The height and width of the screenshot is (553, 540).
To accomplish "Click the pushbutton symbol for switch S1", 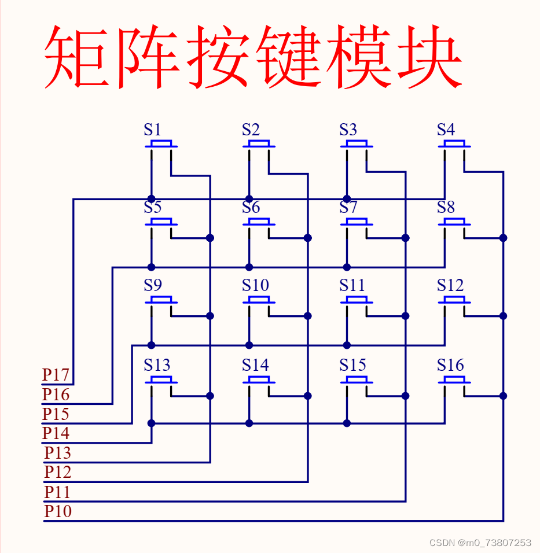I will point(161,144).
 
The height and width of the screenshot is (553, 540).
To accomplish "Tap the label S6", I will point(251,207).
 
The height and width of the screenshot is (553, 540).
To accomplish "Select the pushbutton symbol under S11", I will point(357,300).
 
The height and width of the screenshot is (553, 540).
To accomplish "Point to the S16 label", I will point(450,365).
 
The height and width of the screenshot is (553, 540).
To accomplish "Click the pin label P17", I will point(56,375).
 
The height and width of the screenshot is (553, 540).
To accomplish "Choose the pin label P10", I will point(58,511).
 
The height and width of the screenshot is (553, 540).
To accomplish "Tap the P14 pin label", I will point(56,433).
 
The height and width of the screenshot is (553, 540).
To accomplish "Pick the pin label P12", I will point(58,472).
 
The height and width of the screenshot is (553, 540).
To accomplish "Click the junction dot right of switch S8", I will point(503,238).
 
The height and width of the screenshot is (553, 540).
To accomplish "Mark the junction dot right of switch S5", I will point(210,238).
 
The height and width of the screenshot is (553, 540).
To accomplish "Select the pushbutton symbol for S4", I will point(454,144).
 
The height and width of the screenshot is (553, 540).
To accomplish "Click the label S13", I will point(157,365).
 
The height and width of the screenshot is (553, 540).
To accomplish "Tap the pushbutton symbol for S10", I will point(259,300).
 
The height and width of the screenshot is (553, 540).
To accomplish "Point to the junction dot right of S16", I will point(503,396).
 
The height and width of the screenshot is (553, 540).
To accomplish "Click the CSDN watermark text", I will point(480,543).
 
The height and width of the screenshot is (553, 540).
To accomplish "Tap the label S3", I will point(348,130).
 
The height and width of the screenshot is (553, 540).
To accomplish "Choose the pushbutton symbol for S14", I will point(259,380).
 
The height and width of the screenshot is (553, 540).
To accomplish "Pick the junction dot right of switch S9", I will point(210,316).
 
